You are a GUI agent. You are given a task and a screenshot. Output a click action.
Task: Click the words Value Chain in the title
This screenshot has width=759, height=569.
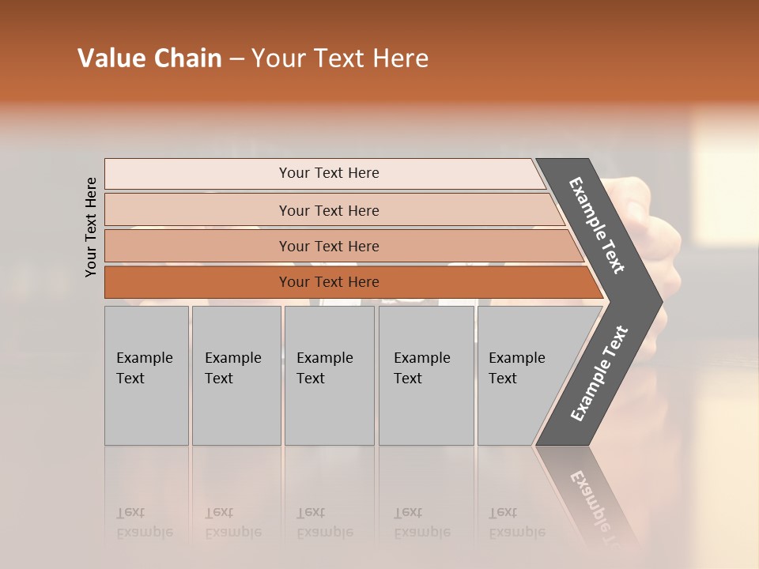[x=149, y=58]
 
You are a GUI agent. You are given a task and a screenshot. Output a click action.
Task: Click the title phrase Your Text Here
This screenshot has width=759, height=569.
[x=340, y=58]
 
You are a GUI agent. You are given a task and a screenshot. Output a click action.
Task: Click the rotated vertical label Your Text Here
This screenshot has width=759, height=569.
[x=91, y=227]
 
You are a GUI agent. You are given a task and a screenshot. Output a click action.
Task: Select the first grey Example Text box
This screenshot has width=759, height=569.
[x=146, y=375]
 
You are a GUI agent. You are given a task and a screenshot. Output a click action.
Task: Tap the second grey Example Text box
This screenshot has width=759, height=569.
[x=236, y=375]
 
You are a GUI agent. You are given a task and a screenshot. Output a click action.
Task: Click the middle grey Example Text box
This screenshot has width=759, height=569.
[x=329, y=375]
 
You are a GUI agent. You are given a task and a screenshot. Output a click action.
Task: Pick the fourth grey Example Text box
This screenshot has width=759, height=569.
[x=426, y=375]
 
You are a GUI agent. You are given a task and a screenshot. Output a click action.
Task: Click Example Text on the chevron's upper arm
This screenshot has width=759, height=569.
[x=597, y=225]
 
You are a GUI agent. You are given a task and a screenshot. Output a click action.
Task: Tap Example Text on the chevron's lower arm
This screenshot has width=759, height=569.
[x=599, y=374]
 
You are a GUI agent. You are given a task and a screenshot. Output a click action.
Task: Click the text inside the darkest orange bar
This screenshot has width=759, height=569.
[x=329, y=282]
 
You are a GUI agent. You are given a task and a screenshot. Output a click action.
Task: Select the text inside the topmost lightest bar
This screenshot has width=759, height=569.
[x=329, y=173]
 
